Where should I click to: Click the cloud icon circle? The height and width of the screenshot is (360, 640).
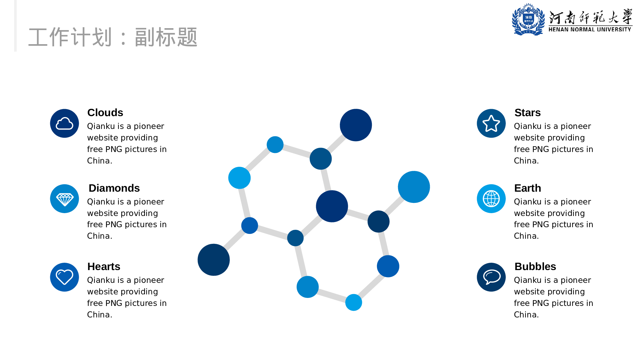(x=64, y=124)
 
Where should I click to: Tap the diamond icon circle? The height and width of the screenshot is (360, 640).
(x=64, y=199)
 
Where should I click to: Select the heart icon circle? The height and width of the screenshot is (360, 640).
(x=64, y=277)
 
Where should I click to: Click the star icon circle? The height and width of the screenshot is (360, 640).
(x=491, y=124)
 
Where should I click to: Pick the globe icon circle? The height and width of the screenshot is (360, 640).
(x=491, y=199)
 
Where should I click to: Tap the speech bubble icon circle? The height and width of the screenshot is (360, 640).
(x=491, y=277)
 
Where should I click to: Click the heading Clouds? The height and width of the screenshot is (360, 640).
(x=105, y=113)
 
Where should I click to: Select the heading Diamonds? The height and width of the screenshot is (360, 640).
(x=114, y=188)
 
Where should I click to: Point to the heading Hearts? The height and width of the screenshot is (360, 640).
(x=104, y=267)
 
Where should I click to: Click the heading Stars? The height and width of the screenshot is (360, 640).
(x=527, y=113)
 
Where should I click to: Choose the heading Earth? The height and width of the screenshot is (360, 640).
(x=527, y=188)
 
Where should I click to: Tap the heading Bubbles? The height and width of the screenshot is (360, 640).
(x=535, y=267)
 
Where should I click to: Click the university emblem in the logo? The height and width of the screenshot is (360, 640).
(x=528, y=20)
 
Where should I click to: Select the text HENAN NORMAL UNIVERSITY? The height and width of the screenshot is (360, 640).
(x=590, y=29)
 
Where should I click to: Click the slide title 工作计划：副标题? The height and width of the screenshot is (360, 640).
(x=113, y=37)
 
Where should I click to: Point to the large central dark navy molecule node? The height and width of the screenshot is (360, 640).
(x=332, y=206)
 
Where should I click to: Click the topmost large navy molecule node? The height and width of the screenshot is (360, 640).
(x=356, y=125)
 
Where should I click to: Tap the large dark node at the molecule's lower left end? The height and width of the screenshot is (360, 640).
(x=214, y=260)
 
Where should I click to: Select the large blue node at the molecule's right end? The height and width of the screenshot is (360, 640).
(x=414, y=187)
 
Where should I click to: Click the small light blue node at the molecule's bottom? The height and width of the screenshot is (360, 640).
(x=354, y=302)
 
